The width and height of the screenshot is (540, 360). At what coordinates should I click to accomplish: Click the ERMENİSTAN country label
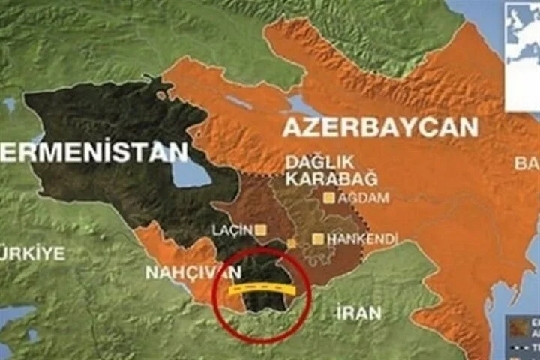[94, 153]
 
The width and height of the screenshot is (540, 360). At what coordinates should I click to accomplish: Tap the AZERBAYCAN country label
[379, 127]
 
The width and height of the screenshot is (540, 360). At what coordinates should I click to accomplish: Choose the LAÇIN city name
[235, 229]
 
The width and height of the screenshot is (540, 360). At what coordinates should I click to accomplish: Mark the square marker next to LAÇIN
[261, 229]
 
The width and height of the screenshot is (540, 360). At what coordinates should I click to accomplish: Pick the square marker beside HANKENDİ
[318, 239]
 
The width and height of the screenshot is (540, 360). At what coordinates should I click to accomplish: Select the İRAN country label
[358, 313]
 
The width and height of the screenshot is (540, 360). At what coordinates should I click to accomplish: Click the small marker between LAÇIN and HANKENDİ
[292, 244]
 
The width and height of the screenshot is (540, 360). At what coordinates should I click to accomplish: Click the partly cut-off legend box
[523, 334]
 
